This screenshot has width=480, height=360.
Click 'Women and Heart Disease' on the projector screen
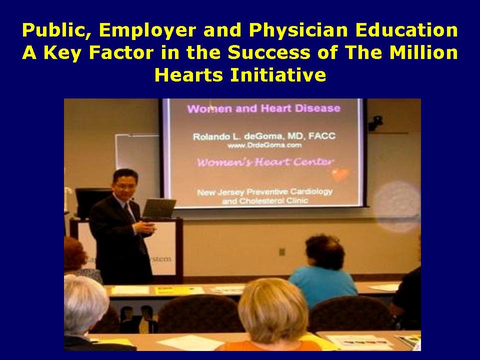[x=263, y=108]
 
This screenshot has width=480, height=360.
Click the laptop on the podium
[x=158, y=207]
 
